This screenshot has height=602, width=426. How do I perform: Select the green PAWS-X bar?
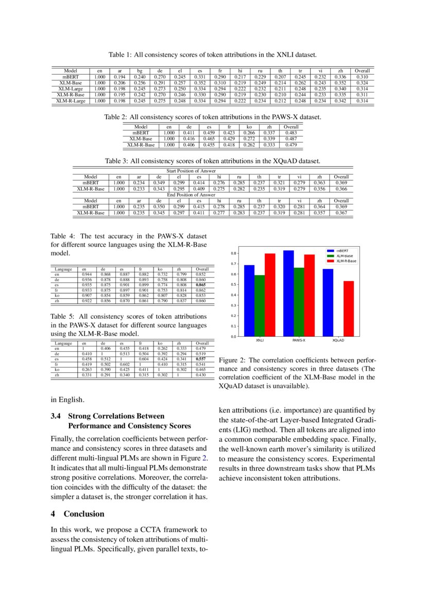[299, 302]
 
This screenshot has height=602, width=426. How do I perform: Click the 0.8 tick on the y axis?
[233, 253]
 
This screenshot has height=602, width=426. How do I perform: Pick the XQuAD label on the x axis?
[338, 341]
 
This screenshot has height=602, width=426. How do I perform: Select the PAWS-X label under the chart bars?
[299, 341]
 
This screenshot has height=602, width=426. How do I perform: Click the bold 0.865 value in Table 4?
[202, 284]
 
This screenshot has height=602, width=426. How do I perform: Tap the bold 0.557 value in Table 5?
[202, 359]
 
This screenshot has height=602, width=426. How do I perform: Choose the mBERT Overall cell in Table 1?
[362, 77]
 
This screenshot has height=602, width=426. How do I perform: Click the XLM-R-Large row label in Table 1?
[71, 101]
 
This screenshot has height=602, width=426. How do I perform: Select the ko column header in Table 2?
[249, 127]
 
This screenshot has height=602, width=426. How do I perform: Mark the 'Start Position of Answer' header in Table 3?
[191, 170]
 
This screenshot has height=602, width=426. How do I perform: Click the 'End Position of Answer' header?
[191, 195]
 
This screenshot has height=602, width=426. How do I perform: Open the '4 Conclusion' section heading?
[77, 514]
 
